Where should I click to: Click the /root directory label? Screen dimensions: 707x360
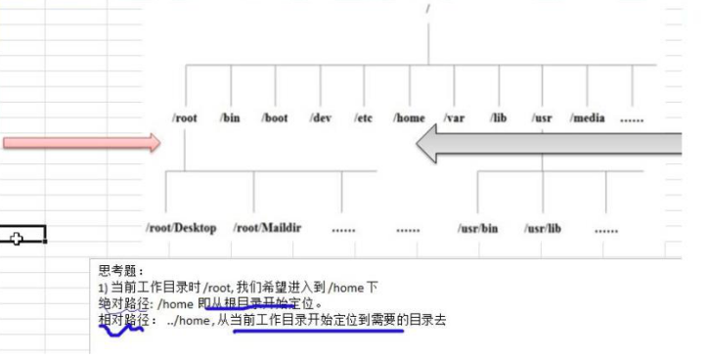[x=184, y=118]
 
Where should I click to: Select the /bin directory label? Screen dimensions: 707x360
[x=230, y=118]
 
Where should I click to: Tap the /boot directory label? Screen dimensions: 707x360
[x=275, y=118]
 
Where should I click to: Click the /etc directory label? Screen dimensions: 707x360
[x=364, y=118]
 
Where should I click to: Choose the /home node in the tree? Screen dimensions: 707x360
[x=409, y=118]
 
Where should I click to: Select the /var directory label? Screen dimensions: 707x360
[x=454, y=118]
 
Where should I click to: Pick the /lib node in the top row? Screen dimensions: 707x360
[x=498, y=118]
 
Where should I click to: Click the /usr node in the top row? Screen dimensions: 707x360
[x=542, y=118]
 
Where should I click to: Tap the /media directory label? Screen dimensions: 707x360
[x=587, y=118]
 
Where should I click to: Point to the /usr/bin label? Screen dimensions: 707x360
[x=477, y=228]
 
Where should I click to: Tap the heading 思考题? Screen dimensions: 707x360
[x=120, y=270]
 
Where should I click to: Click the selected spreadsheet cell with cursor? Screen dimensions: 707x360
[x=22, y=236]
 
